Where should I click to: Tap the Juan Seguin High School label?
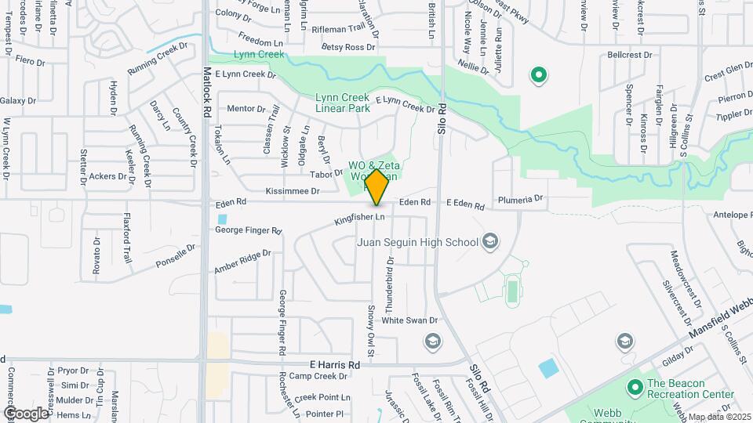click(417, 241)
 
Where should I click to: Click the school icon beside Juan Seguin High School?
click(491, 240)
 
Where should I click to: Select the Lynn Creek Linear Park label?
click(342, 103)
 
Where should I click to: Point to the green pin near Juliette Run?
click(539, 76)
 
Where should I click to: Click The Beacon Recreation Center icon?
click(635, 386)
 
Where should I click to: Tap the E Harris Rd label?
click(334, 365)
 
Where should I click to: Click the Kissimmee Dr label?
click(293, 191)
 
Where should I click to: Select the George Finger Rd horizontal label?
click(248, 231)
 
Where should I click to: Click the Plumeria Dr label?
click(519, 200)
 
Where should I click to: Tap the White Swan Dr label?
click(409, 320)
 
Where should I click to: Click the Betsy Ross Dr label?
click(350, 48)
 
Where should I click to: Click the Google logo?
click(26, 413)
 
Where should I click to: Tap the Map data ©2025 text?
click(719, 417)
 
